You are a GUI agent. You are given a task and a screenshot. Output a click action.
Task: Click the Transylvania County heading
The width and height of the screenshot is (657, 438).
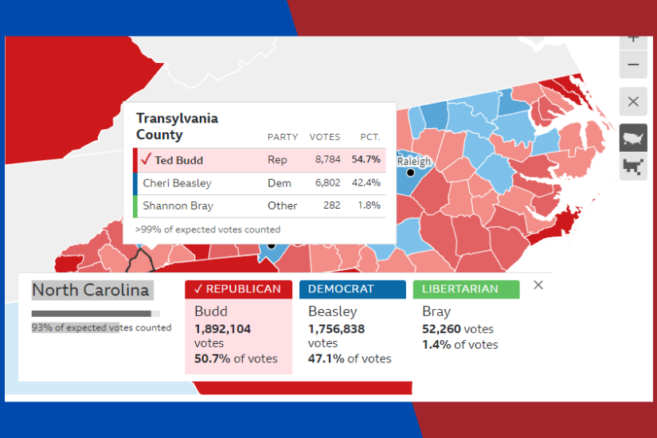click(177, 127)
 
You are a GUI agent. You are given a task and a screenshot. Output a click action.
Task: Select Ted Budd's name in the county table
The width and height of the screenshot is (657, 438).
click(178, 160)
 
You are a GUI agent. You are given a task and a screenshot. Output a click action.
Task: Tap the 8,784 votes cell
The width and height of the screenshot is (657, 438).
click(327, 160)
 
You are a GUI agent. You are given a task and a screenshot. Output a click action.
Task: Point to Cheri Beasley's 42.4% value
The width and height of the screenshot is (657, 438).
click(366, 183)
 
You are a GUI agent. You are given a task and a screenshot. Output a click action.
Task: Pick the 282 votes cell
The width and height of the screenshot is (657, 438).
click(332, 205)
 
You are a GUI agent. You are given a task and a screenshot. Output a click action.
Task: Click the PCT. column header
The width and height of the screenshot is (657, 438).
click(370, 137)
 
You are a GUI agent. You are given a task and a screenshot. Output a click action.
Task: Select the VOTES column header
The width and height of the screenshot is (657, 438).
click(325, 137)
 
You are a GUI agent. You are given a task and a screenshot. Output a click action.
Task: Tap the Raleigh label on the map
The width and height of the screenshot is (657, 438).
click(414, 162)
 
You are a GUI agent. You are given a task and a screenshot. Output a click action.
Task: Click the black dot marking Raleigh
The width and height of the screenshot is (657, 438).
click(411, 172)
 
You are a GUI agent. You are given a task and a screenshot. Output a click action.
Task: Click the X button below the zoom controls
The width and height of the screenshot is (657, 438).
click(633, 102)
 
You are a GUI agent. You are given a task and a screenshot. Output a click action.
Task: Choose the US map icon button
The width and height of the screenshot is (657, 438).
click(633, 138)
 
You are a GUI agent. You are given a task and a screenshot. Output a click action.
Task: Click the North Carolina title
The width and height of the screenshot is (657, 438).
click(91, 290)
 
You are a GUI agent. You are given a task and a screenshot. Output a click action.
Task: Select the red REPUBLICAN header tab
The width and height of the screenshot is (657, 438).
click(238, 289)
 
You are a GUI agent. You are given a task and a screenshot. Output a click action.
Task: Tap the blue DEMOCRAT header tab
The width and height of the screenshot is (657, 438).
click(352, 289)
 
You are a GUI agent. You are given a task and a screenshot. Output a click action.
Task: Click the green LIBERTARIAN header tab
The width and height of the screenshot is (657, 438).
click(466, 289)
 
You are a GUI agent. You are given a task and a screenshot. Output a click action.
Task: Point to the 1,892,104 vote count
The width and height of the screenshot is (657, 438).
click(223, 329)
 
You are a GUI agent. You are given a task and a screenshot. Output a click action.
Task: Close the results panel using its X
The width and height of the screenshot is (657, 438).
click(538, 285)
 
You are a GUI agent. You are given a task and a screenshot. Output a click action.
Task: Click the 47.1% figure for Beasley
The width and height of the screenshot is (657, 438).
click(326, 359)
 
